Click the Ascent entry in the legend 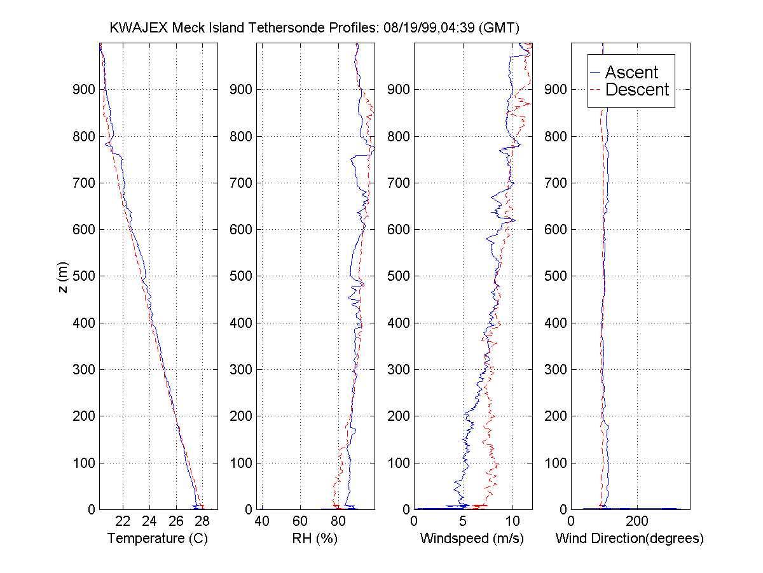point(631,72)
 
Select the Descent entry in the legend point(636,90)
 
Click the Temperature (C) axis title point(158,539)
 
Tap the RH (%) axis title point(314,539)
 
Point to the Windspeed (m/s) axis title point(472,539)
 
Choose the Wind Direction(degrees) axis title point(629,539)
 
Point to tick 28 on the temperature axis point(202,521)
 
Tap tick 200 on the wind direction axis point(638,521)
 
